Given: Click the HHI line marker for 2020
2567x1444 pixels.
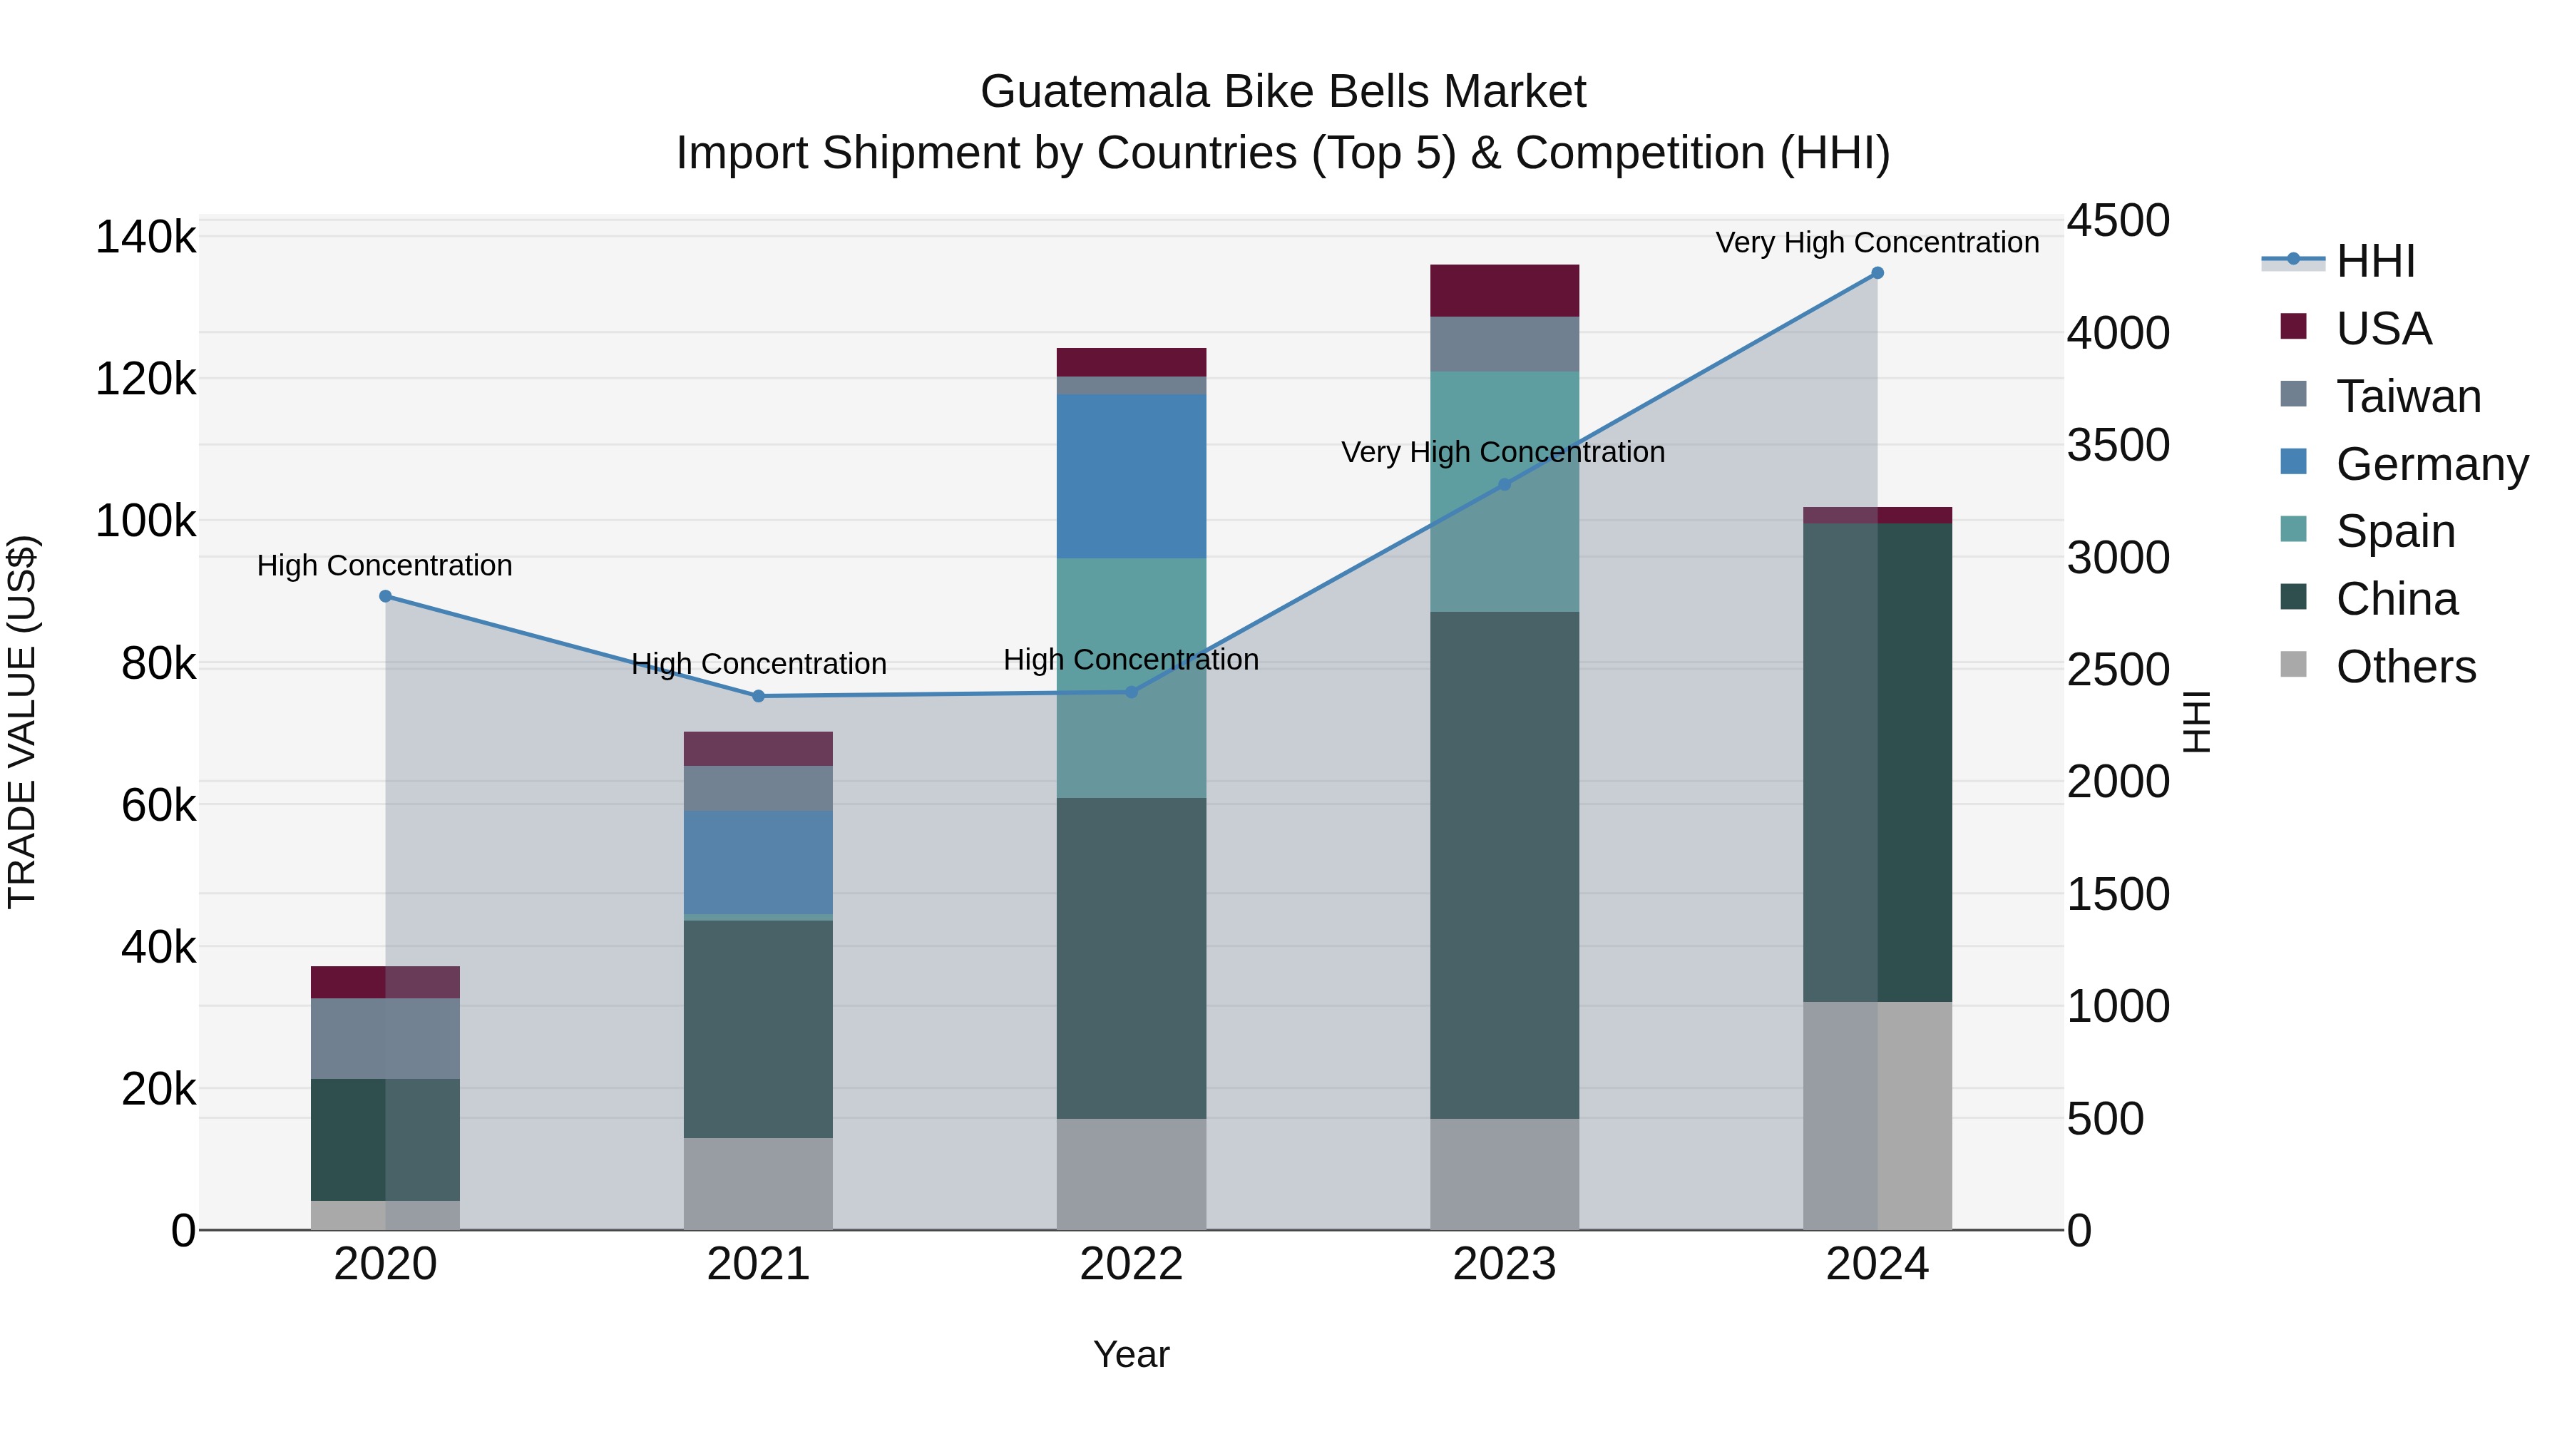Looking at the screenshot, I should [x=386, y=596].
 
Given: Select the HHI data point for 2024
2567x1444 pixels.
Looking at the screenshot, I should [x=1877, y=273].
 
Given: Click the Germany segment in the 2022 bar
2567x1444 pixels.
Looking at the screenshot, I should [x=1131, y=476].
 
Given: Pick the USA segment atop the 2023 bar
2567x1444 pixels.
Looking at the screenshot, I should [x=1505, y=291].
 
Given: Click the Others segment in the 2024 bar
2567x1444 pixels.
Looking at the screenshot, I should [x=1877, y=1115].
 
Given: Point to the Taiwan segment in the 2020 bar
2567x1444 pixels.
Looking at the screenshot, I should [x=386, y=1038].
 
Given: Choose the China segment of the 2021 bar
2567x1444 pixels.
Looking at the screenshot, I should [x=759, y=1028].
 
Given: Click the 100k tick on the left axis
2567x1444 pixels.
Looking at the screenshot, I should [x=145, y=521].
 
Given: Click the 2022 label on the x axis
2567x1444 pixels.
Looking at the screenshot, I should [x=1131, y=1264].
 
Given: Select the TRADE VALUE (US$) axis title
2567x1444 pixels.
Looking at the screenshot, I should [x=23, y=722].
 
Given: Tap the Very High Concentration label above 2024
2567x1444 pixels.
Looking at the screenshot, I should [x=1877, y=242].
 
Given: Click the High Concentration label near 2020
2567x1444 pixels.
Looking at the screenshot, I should [x=384, y=565].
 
